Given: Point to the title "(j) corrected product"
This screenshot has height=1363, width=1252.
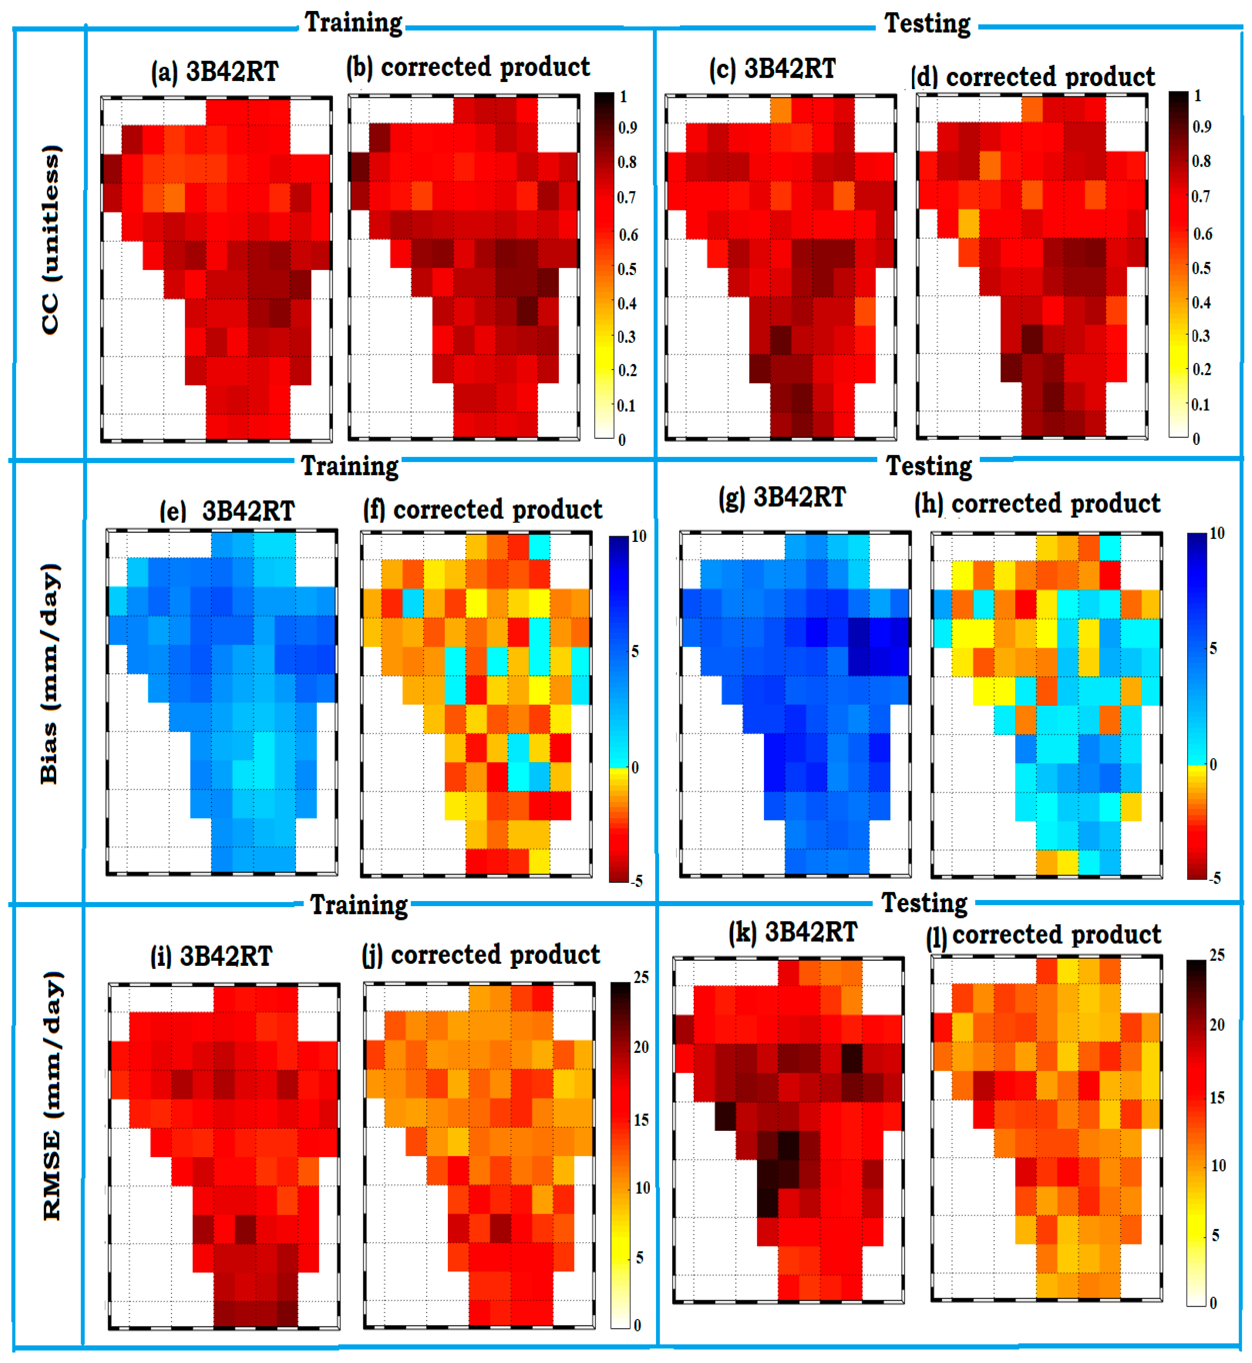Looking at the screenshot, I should pos(481,955).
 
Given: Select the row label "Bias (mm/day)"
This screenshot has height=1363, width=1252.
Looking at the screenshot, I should pos(49,674).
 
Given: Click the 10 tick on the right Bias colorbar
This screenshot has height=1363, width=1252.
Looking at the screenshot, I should pos(1217,534).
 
